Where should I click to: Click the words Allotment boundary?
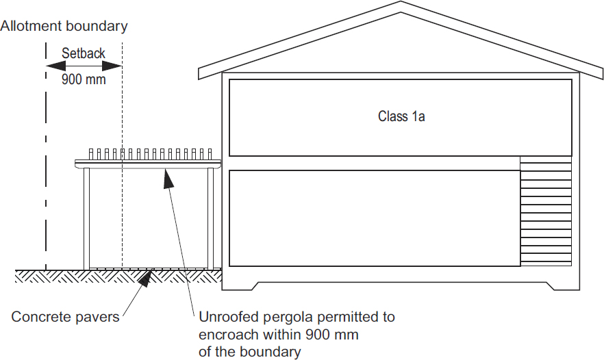click(64, 27)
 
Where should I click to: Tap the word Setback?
click(83, 53)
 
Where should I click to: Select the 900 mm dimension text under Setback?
click(84, 79)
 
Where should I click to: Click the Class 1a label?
click(401, 116)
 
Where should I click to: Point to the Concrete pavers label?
click(65, 317)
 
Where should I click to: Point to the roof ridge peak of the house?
click(401, 3)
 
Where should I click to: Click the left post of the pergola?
click(87, 218)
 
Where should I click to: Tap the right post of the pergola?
click(210, 218)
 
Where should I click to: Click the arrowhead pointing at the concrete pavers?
click(146, 276)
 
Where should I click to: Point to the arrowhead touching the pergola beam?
click(166, 177)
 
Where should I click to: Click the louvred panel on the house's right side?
click(546, 211)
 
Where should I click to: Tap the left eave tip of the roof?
click(201, 73)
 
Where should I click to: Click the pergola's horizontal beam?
click(147, 163)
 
